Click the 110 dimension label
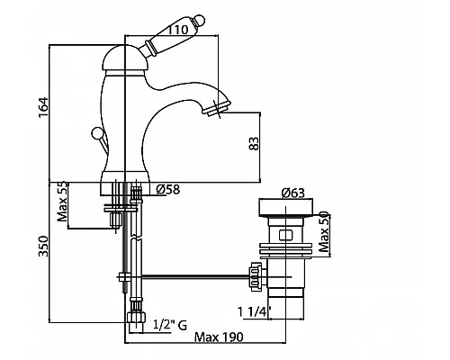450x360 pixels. pyautogui.click(x=178, y=30)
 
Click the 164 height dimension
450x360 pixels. pyautogui.click(x=43, y=107)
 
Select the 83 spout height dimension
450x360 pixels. pyautogui.click(x=254, y=144)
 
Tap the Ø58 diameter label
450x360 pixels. pyautogui.click(x=168, y=189)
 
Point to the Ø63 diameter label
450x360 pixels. pyautogui.click(x=293, y=193)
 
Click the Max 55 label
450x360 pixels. pyautogui.click(x=63, y=201)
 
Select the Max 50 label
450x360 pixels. pyautogui.click(x=324, y=231)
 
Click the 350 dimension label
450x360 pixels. pyautogui.click(x=43, y=247)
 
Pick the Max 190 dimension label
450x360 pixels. pyautogui.click(x=219, y=337)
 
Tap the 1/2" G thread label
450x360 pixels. pyautogui.click(x=170, y=325)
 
